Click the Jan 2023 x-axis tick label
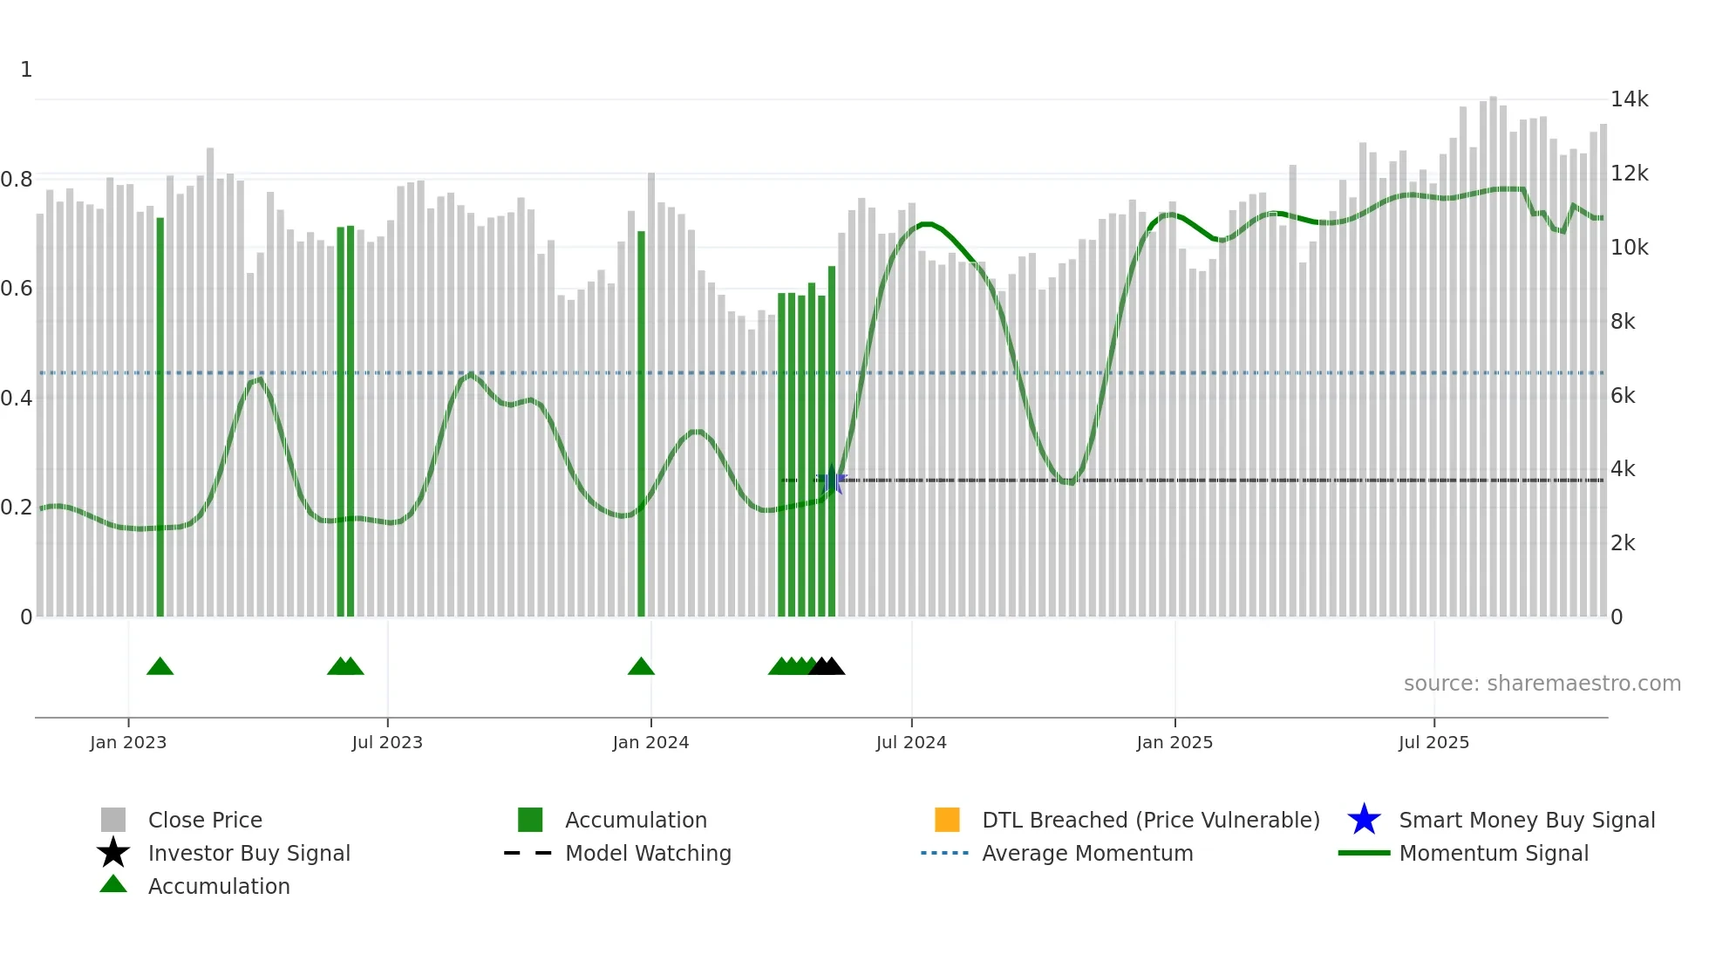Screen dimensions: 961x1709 [x=128, y=743]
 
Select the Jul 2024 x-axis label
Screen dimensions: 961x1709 [x=911, y=743]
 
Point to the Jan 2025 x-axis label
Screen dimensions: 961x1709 [x=1175, y=743]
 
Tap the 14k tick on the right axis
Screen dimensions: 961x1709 [x=1629, y=99]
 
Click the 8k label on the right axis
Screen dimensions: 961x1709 [x=1623, y=322]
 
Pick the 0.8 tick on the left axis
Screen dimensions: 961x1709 [x=17, y=180]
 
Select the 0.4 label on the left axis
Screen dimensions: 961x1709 [x=17, y=399]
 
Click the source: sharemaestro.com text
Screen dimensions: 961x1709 [x=1542, y=684]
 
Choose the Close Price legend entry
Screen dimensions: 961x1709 [x=205, y=821]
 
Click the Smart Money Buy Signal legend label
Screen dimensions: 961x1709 [x=1527, y=821]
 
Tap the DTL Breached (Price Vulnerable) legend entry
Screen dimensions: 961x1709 [x=1150, y=821]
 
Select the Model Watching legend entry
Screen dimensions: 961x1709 [x=648, y=854]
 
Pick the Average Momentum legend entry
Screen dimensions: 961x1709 [x=1087, y=854]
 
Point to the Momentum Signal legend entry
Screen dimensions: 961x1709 [x=1494, y=854]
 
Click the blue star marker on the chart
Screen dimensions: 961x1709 [x=833, y=481]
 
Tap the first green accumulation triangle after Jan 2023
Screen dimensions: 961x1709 [x=160, y=667]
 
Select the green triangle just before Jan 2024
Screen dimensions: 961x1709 [x=641, y=667]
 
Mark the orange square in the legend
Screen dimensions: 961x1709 [x=947, y=820]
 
